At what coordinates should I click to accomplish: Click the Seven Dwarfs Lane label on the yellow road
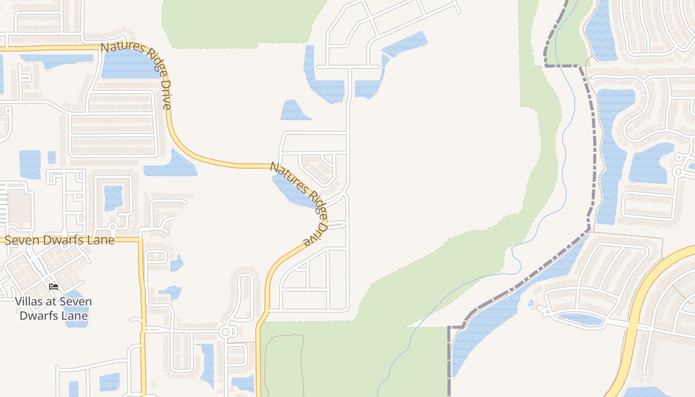[60, 240]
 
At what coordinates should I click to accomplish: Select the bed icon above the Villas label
[54, 286]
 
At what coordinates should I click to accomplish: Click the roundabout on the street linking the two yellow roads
[226, 331]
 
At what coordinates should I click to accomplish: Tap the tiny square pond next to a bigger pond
[52, 157]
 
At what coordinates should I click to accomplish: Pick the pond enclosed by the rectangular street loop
[113, 197]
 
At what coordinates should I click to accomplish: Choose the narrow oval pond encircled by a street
[579, 319]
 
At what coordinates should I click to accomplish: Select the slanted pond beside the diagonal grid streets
[405, 44]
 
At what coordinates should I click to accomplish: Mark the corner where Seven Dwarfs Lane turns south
[141, 240]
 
